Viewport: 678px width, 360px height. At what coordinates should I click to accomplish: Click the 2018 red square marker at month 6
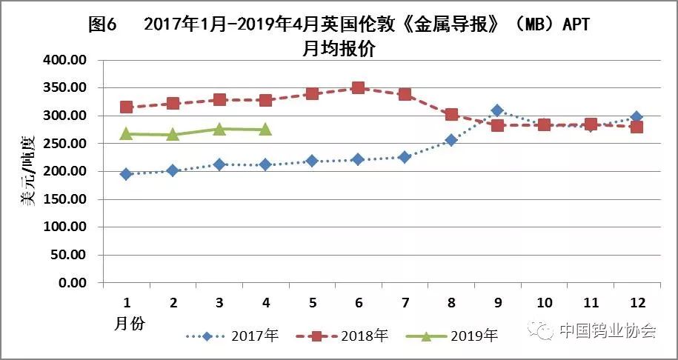(x=358, y=88)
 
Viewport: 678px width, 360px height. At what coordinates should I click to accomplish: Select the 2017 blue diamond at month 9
(x=497, y=110)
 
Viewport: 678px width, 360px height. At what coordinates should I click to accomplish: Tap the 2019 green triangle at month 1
(x=126, y=133)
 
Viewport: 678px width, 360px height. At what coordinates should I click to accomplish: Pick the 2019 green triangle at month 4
(x=265, y=129)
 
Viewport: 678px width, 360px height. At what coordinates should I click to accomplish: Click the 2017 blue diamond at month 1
(x=126, y=174)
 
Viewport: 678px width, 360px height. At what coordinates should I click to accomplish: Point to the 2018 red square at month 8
(x=451, y=115)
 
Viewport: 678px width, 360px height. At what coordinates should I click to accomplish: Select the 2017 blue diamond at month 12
(x=637, y=117)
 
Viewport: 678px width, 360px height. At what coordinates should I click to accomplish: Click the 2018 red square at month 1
(x=126, y=107)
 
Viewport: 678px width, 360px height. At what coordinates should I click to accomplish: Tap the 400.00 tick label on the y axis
(x=65, y=60)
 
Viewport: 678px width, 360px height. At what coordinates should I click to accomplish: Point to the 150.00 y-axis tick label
(x=65, y=199)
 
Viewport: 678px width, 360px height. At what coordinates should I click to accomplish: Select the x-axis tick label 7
(x=405, y=302)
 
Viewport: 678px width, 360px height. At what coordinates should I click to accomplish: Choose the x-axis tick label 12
(x=637, y=302)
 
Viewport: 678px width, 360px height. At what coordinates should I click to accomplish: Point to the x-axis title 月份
(x=130, y=324)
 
